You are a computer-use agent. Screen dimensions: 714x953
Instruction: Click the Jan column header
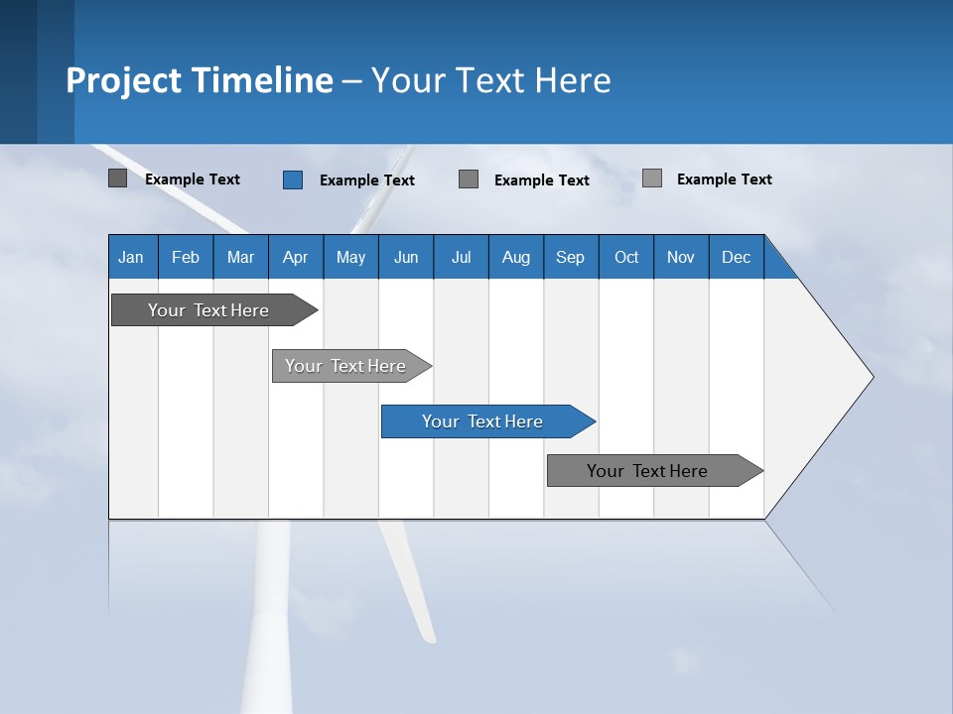pyautogui.click(x=131, y=257)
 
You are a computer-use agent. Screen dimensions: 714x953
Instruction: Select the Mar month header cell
pyautogui.click(x=240, y=257)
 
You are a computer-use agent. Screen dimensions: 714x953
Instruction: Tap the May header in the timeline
pyautogui.click(x=350, y=257)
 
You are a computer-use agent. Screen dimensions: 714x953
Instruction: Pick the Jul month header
pyautogui.click(x=461, y=257)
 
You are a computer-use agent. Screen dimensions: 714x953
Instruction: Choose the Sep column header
pyautogui.click(x=570, y=257)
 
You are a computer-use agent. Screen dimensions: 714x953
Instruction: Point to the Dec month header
pyautogui.click(x=736, y=257)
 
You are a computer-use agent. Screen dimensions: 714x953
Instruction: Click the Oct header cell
pyautogui.click(x=626, y=257)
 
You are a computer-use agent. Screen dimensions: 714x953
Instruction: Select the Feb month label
pyautogui.click(x=186, y=257)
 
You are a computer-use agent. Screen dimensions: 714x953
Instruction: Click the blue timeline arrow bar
pyautogui.click(x=481, y=421)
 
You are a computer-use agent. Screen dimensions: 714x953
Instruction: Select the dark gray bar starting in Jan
pyautogui.click(x=208, y=310)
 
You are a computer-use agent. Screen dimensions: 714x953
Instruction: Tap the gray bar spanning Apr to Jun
pyautogui.click(x=345, y=366)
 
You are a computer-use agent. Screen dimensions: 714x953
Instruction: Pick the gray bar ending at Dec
pyautogui.click(x=647, y=471)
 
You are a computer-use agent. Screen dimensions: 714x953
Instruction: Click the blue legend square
pyautogui.click(x=293, y=179)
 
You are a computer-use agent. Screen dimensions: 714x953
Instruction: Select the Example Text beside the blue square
pyautogui.click(x=366, y=180)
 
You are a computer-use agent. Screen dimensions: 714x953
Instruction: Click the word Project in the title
pyautogui.click(x=124, y=80)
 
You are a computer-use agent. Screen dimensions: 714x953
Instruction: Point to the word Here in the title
pyautogui.click(x=573, y=80)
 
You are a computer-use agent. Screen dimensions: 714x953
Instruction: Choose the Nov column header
pyautogui.click(x=681, y=257)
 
